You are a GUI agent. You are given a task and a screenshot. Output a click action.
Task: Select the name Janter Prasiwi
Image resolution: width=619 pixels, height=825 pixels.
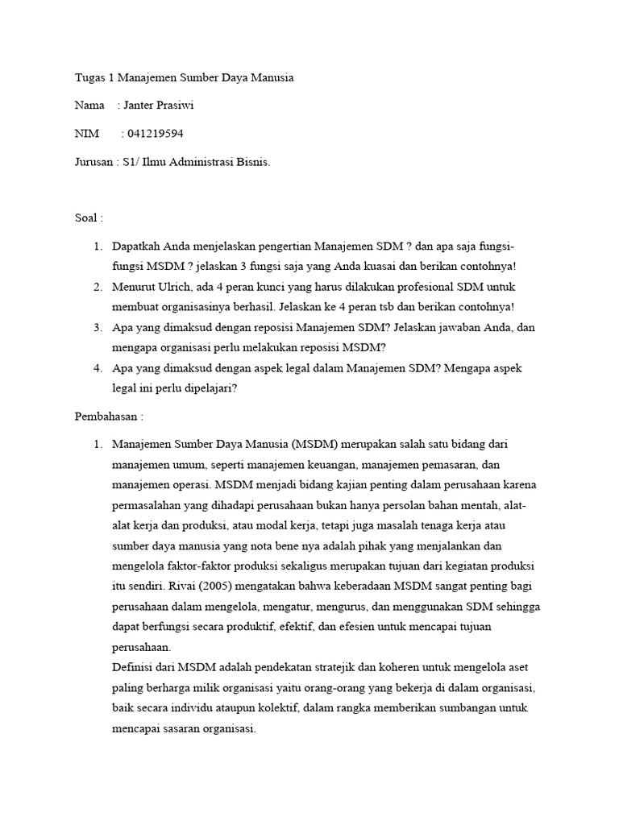click(x=160, y=106)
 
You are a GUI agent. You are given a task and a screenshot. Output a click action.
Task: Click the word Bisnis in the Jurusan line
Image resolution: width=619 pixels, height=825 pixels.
click(x=252, y=162)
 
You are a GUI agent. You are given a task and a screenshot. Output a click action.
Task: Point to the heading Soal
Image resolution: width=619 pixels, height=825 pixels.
click(x=87, y=218)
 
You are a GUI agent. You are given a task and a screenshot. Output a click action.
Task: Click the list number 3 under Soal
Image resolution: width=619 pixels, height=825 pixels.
click(x=98, y=327)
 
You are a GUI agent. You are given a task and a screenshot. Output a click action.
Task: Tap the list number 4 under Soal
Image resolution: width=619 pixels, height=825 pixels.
click(x=98, y=367)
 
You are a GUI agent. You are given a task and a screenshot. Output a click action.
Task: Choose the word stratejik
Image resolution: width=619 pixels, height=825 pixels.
click(x=349, y=668)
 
